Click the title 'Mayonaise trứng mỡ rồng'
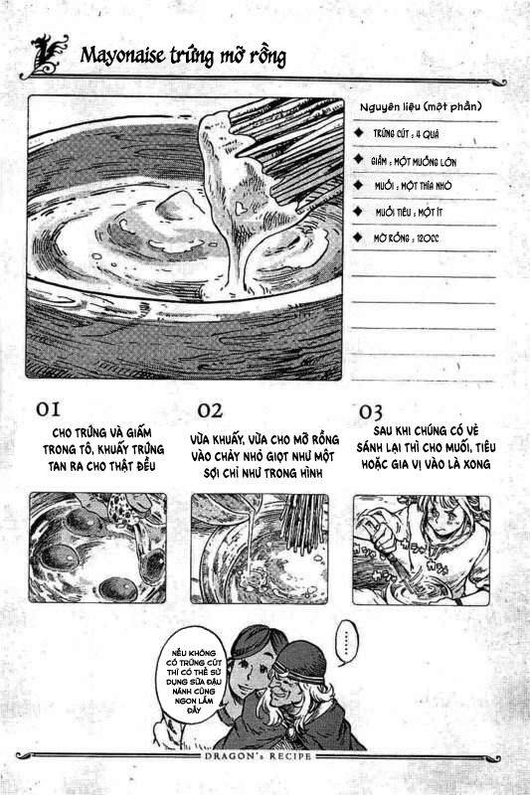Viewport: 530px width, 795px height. click(x=183, y=56)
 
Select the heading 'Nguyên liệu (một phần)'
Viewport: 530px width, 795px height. click(x=419, y=105)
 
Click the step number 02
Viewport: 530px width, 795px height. click(x=210, y=409)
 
